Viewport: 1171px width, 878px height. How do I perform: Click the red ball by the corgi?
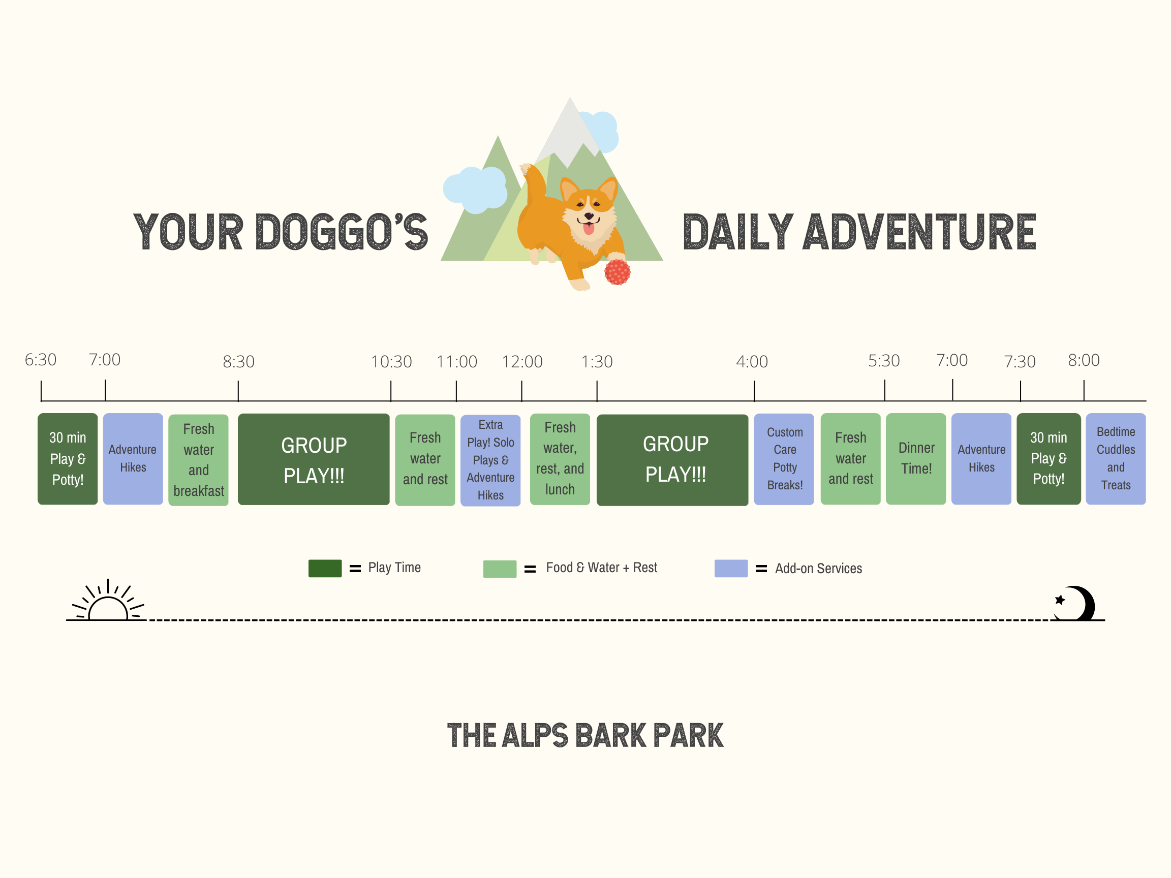click(x=617, y=272)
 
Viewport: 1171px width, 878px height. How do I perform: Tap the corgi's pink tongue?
click(x=589, y=229)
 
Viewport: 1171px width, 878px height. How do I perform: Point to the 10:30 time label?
click(x=391, y=362)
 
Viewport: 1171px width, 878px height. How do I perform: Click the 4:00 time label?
click(x=752, y=362)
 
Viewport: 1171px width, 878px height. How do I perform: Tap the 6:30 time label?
click(x=41, y=360)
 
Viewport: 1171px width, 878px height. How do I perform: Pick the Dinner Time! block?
click(x=916, y=459)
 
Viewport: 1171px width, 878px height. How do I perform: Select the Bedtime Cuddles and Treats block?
click(x=1116, y=459)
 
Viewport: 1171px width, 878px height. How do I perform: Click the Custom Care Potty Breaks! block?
click(x=784, y=459)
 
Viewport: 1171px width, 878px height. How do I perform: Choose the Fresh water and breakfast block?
click(x=199, y=460)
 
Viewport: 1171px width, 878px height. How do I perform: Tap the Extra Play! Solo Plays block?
click(x=491, y=460)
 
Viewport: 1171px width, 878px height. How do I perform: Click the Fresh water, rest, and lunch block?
click(x=560, y=459)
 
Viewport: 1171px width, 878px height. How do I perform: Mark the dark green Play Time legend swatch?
click(x=325, y=569)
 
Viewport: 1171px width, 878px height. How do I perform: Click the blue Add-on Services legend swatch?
click(x=731, y=569)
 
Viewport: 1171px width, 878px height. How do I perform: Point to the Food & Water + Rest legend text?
click(x=601, y=568)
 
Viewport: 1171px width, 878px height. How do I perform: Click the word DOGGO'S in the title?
click(x=342, y=232)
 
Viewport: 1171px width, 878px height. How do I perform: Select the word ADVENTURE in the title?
click(x=919, y=232)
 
